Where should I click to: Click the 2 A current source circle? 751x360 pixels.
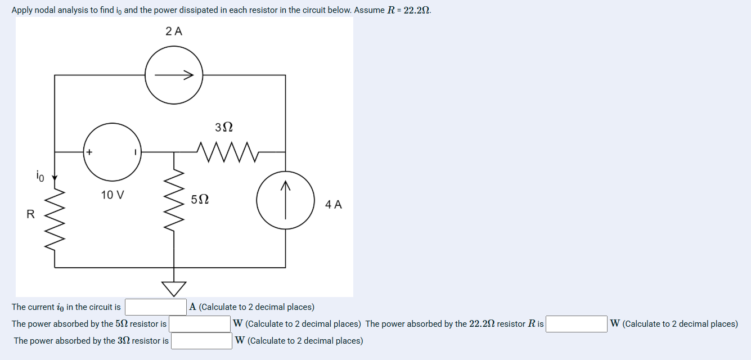click(x=174, y=75)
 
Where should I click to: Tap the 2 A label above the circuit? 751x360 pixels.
click(x=174, y=31)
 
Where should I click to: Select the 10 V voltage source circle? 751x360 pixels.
click(x=113, y=152)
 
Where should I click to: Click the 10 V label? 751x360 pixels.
click(x=113, y=195)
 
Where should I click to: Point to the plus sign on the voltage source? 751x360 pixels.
click(x=89, y=152)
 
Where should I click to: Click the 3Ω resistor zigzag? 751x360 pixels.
click(x=227, y=151)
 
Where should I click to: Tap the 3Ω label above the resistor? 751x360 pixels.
click(x=224, y=127)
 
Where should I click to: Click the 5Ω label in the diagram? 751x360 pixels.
click(x=200, y=200)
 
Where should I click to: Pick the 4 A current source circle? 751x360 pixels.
click(x=285, y=200)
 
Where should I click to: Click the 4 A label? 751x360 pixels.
click(x=333, y=205)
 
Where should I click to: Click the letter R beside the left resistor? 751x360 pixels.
click(x=30, y=214)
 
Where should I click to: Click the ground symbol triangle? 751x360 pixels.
click(x=174, y=288)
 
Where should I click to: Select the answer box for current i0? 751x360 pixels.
click(x=155, y=307)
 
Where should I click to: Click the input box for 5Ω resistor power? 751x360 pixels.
click(x=200, y=324)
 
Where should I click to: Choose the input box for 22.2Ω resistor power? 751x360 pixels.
click(x=576, y=324)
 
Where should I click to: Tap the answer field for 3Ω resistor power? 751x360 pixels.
click(x=201, y=341)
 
